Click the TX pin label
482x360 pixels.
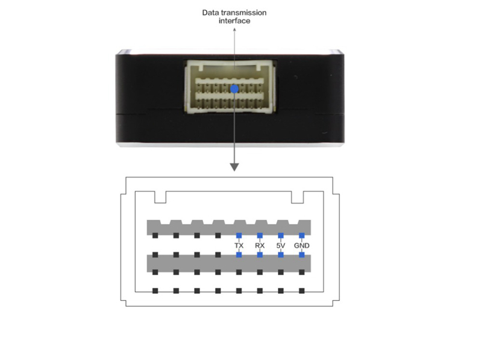click(x=239, y=246)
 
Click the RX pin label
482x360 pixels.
click(x=260, y=246)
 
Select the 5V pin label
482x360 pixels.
click(x=281, y=246)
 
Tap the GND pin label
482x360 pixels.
click(x=302, y=246)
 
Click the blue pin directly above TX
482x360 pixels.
click(x=239, y=235)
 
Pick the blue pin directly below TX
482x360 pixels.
click(x=239, y=255)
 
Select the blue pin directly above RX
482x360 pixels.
click(x=260, y=235)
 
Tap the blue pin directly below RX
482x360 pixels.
click(x=260, y=255)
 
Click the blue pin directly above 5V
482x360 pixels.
click(x=281, y=235)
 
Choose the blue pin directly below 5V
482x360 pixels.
click(x=281, y=255)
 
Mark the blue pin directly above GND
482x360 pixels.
click(x=302, y=235)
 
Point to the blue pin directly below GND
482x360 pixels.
click(x=302, y=255)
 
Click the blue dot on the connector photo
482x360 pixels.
click(x=234, y=88)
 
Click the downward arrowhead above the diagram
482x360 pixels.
click(x=234, y=167)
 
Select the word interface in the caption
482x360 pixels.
click(x=234, y=21)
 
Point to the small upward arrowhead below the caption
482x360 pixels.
click(x=234, y=29)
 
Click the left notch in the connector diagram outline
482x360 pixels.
click(x=160, y=197)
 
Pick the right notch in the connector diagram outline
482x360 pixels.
click(x=298, y=197)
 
